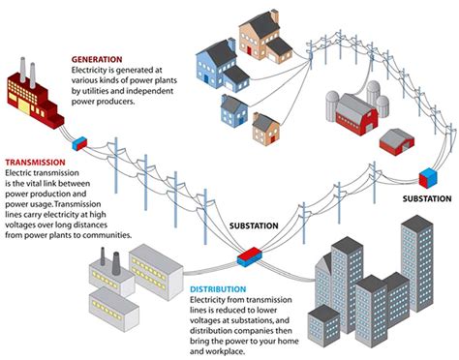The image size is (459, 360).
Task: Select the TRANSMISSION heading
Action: [35, 164]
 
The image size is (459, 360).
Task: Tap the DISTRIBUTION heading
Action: [219, 289]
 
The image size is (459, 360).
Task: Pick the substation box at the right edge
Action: [427, 178]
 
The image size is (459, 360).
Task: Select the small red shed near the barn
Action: [395, 141]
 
